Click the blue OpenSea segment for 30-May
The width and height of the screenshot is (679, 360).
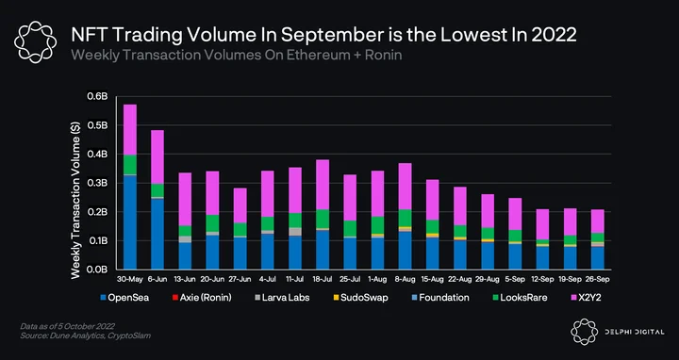130,222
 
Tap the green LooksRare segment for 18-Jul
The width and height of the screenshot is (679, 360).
323,219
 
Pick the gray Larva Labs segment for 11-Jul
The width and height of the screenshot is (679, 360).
295,232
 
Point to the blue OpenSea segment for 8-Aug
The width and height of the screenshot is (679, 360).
405,251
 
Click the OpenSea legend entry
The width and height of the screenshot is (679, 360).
124,298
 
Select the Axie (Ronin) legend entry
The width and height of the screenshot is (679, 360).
202,298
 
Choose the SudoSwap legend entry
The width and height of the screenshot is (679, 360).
360,298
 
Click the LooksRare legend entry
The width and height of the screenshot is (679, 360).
520,298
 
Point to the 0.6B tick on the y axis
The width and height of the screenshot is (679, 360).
97,96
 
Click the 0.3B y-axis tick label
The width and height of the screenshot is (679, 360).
97,183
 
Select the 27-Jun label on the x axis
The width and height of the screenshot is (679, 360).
240,280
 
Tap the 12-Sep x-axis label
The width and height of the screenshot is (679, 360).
542,280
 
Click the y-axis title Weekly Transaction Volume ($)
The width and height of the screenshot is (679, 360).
75,201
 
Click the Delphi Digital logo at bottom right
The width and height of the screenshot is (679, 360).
617,332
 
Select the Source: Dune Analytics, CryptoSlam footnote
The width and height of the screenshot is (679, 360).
85,335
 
